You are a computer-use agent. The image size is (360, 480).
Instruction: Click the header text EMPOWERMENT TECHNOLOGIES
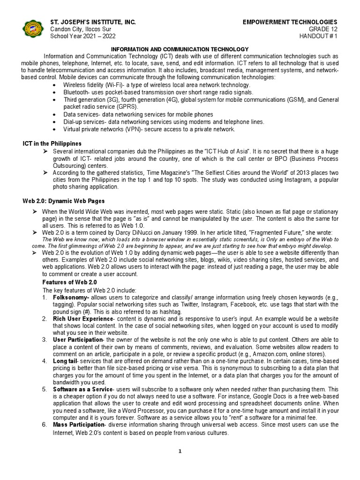tap(289, 22)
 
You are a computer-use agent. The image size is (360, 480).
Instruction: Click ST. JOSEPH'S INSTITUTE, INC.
tap(89, 22)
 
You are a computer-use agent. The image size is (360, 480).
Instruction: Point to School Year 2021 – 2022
tap(82, 36)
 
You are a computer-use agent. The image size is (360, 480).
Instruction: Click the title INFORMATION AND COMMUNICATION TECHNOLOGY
tap(180, 49)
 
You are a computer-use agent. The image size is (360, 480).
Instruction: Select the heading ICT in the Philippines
tap(52, 143)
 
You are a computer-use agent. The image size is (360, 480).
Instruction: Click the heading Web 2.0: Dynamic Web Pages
tap(63, 201)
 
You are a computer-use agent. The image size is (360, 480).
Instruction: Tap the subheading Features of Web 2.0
tap(70, 282)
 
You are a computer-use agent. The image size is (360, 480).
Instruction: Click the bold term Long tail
tap(65, 361)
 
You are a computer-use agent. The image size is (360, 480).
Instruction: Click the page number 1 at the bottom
tap(180, 451)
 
